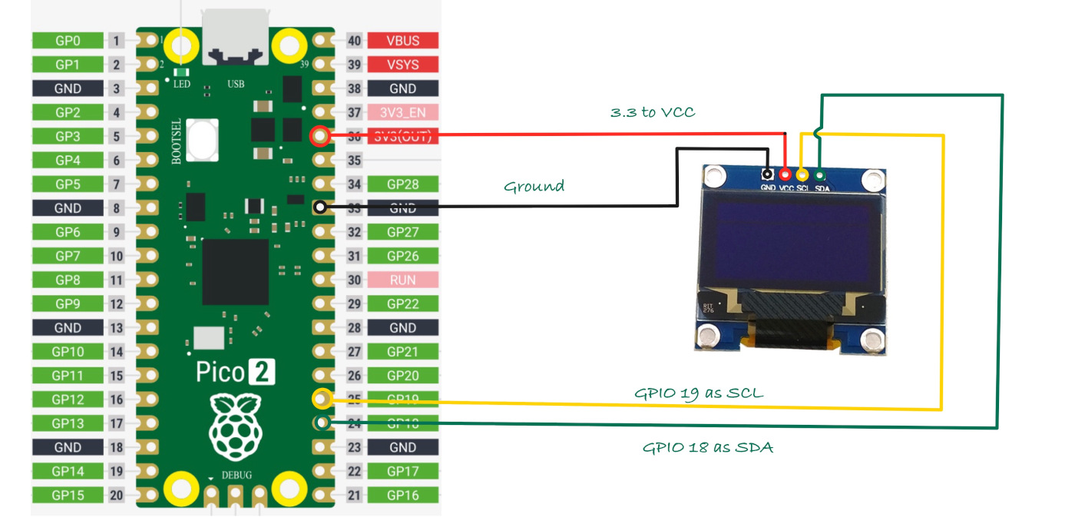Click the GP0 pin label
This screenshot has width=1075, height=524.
68,41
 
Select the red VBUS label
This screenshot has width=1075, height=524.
402,41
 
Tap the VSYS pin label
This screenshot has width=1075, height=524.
402,65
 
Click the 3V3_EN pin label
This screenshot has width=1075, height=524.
402,112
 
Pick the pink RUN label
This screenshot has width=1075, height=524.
402,280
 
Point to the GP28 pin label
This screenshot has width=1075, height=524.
402,184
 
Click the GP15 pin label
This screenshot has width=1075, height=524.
68,496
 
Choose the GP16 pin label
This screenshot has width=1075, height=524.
402,496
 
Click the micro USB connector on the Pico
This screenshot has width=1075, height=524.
236,36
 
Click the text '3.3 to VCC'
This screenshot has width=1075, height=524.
652,112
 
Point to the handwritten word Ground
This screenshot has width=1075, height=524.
534,186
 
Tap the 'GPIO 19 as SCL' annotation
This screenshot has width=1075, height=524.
699,393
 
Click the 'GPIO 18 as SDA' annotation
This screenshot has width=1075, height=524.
707,447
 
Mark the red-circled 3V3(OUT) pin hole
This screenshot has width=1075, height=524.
320,138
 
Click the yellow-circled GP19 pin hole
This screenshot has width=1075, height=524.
322,399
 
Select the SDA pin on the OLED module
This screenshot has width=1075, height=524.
819,174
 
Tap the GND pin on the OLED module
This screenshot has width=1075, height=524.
767,175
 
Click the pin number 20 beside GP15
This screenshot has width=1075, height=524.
116,496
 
